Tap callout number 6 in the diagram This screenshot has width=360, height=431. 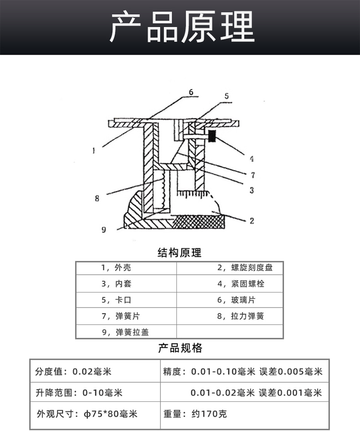[191, 92]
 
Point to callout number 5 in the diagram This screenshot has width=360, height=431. [226, 96]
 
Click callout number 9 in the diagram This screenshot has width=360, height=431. [103, 230]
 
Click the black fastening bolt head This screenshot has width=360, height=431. [212, 136]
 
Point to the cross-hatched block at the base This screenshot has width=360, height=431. [199, 222]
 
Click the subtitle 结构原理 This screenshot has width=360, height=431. [180, 253]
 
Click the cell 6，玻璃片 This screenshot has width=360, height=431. [236, 300]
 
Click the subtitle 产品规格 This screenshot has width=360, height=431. [180, 349]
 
